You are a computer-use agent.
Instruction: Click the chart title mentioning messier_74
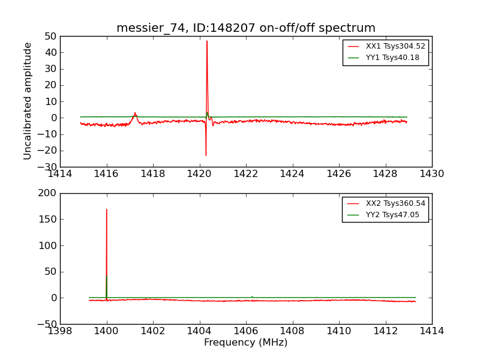tap(246, 28)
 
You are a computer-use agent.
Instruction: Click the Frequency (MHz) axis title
tap(246, 343)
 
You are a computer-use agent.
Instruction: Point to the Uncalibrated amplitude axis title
tap(28, 101)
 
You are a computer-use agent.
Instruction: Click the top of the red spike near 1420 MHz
tap(207, 41)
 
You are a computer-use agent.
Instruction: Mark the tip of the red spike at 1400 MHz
tap(107, 209)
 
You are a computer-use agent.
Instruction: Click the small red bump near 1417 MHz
tap(135, 113)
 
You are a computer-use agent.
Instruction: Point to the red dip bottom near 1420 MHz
tap(206, 155)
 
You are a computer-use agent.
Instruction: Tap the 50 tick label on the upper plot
tap(50, 36)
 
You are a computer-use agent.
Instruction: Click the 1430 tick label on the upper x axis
tap(432, 174)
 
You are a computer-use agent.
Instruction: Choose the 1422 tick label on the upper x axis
tap(246, 174)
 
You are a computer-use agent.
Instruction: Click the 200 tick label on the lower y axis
tap(47, 193)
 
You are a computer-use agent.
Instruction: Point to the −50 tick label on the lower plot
tap(46, 324)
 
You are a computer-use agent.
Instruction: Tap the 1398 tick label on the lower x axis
tap(60, 331)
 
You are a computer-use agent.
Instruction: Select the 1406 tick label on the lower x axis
tap(246, 331)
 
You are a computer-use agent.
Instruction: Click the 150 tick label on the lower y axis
tap(47, 219)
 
